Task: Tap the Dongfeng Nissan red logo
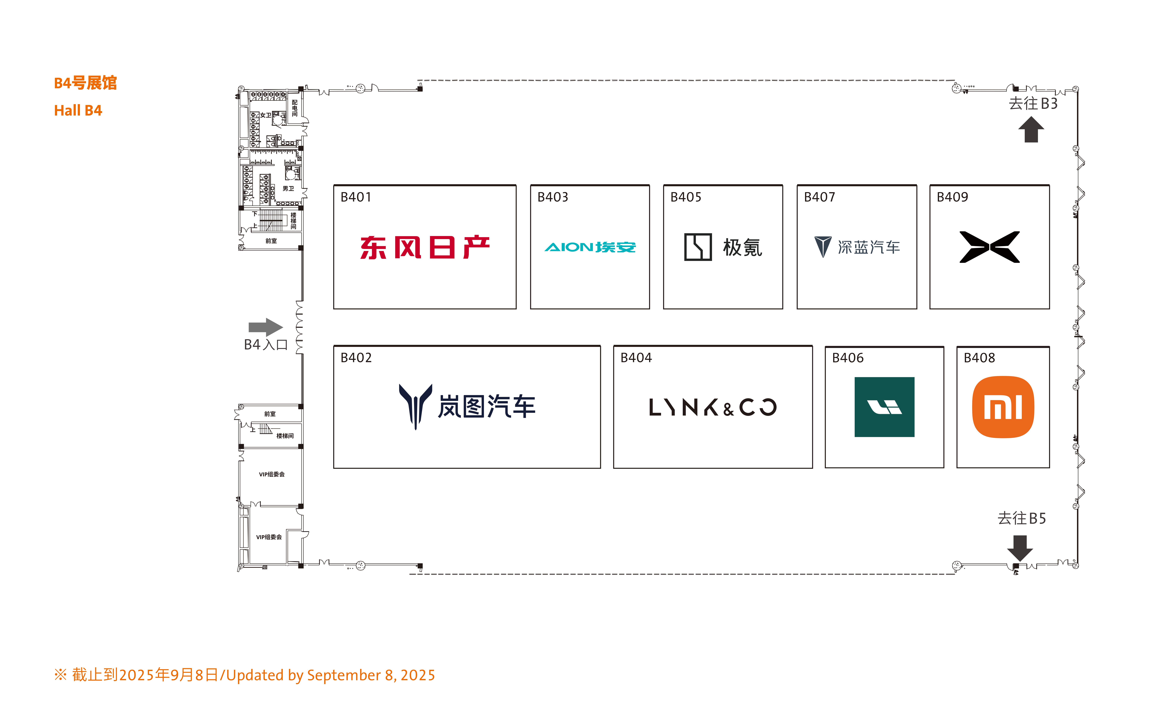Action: tap(425, 247)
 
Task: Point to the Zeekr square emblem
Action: tap(698, 247)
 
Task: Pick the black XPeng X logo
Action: tap(989, 247)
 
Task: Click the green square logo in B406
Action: tap(884, 407)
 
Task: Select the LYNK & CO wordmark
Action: tap(713, 407)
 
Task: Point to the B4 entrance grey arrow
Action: tap(266, 327)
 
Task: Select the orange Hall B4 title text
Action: tap(78, 111)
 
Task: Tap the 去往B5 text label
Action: tap(1022, 518)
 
